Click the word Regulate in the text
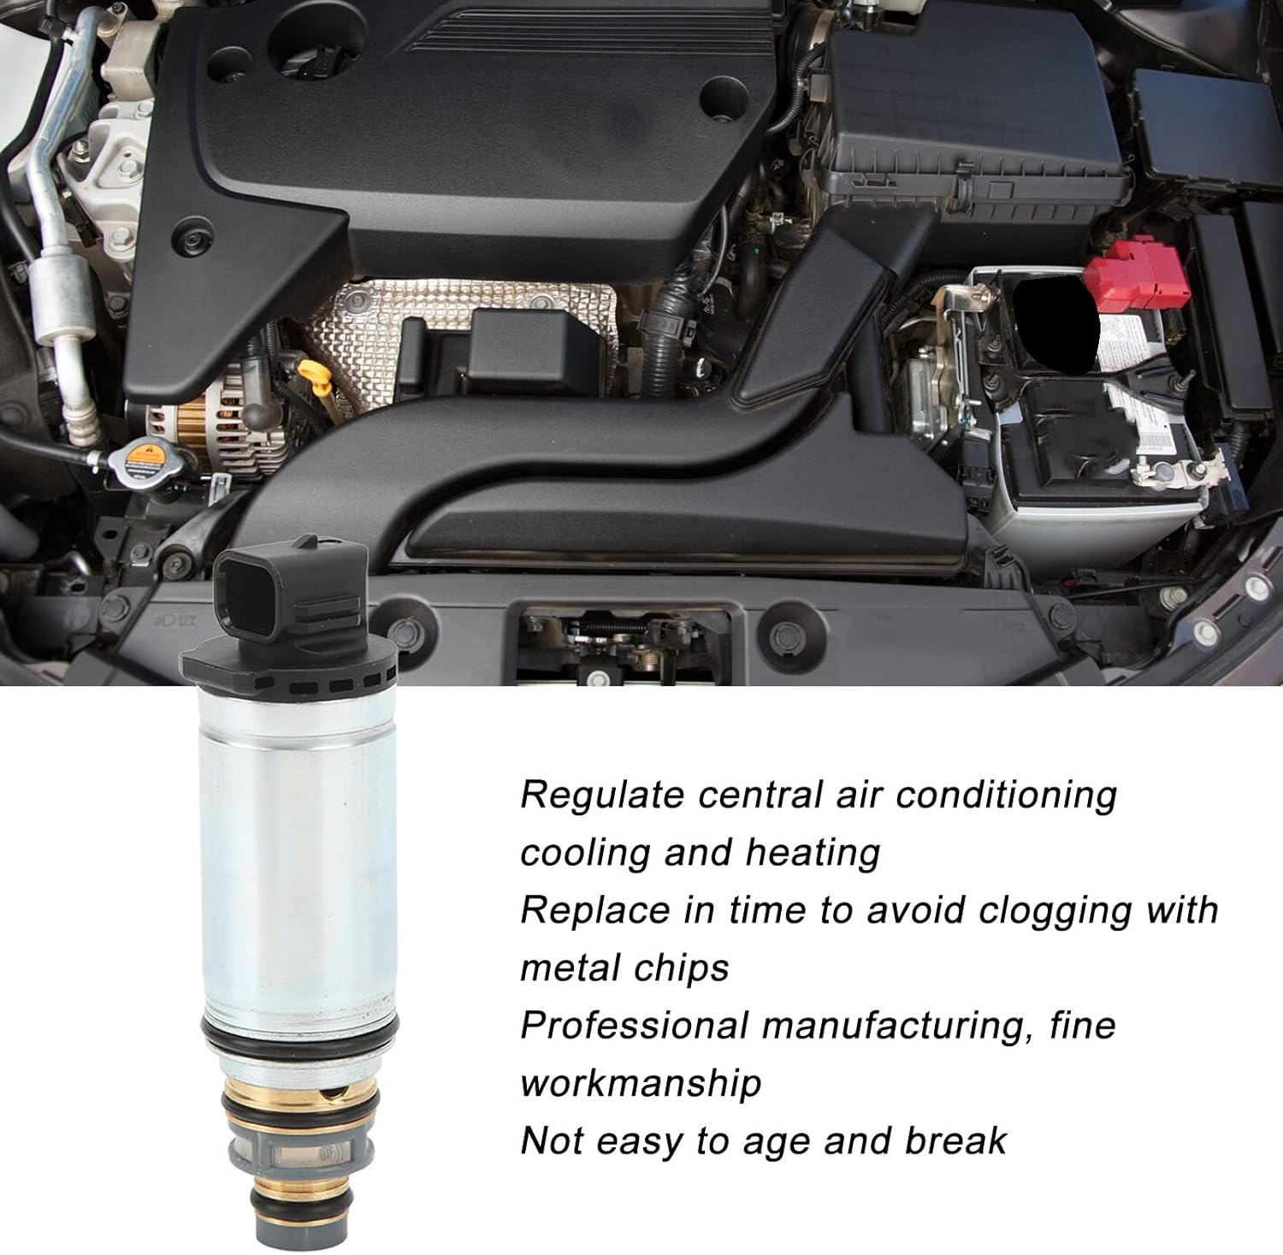[x=603, y=796]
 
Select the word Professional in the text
[x=635, y=1026]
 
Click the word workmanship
[x=641, y=1083]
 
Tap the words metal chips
[x=624, y=968]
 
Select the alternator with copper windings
[x=214, y=428]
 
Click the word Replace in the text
[x=595, y=910]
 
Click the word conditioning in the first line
[x=1006, y=796]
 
